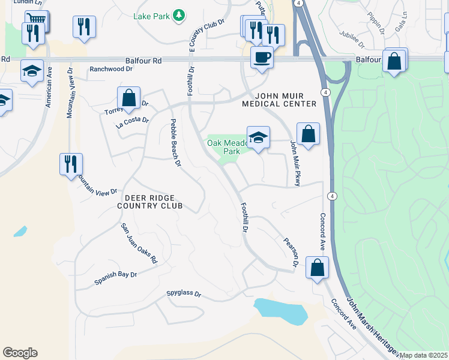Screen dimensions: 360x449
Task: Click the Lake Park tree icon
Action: coord(178,15)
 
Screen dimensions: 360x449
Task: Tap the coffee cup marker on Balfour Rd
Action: coord(262,58)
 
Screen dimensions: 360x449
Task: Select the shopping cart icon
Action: coord(37,21)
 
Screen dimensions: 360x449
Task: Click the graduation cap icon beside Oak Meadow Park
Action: coord(258,138)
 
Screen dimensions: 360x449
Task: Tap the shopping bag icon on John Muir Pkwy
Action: coord(308,134)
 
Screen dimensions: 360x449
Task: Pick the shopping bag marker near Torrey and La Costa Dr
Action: coord(129,98)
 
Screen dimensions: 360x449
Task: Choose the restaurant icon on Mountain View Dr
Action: coord(71,164)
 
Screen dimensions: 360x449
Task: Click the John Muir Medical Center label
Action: coord(279,100)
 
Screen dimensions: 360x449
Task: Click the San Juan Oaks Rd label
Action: coord(139,243)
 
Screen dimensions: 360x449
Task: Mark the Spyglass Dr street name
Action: coord(184,295)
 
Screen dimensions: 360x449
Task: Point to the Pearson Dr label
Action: coord(291,251)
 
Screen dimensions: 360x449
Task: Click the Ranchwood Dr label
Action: coord(110,69)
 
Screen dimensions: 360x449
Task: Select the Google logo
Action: coord(20,353)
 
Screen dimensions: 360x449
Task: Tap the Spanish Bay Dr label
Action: coord(116,278)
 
